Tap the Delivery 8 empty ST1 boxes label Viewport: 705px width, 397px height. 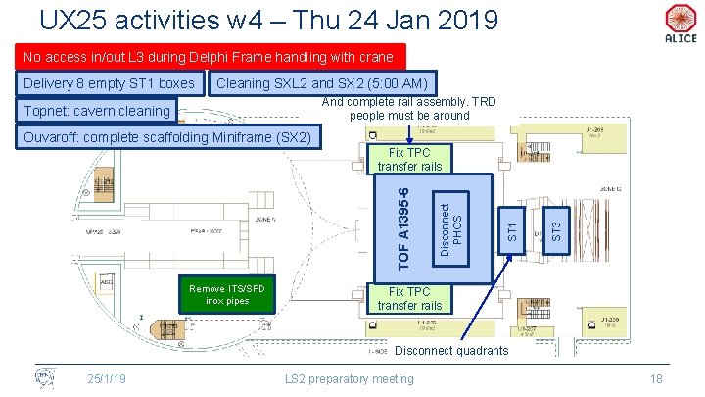pyautogui.click(x=109, y=83)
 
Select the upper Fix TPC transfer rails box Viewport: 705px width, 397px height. pyautogui.click(x=409, y=159)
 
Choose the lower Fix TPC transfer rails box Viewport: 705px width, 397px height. pyautogui.click(x=409, y=298)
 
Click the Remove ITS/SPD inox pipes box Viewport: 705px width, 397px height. pyautogui.click(x=227, y=293)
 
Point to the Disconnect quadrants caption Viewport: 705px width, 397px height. pyautogui.click(x=450, y=351)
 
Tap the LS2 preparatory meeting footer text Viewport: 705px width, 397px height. pyautogui.click(x=349, y=378)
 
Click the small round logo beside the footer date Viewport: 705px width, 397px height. pyautogui.click(x=44, y=377)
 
